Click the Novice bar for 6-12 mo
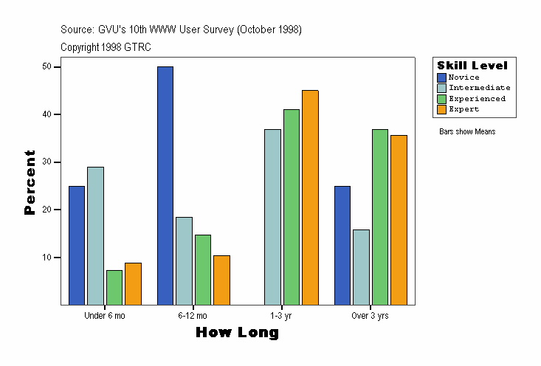click(165, 185)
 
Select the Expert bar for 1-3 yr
click(310, 197)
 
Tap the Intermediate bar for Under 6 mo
click(95, 235)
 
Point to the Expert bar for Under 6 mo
click(133, 283)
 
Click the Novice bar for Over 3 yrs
click(342, 245)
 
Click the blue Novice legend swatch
click(441, 77)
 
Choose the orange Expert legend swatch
click(441, 109)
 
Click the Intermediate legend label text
click(479, 88)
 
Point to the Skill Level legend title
click(472, 66)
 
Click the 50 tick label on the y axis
click(46, 66)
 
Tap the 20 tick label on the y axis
click(46, 210)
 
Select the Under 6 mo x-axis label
click(105, 316)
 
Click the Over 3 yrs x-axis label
click(371, 316)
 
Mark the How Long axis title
click(238, 333)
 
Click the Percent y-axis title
click(30, 182)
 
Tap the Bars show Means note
click(467, 131)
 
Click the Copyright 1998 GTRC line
click(106, 46)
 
